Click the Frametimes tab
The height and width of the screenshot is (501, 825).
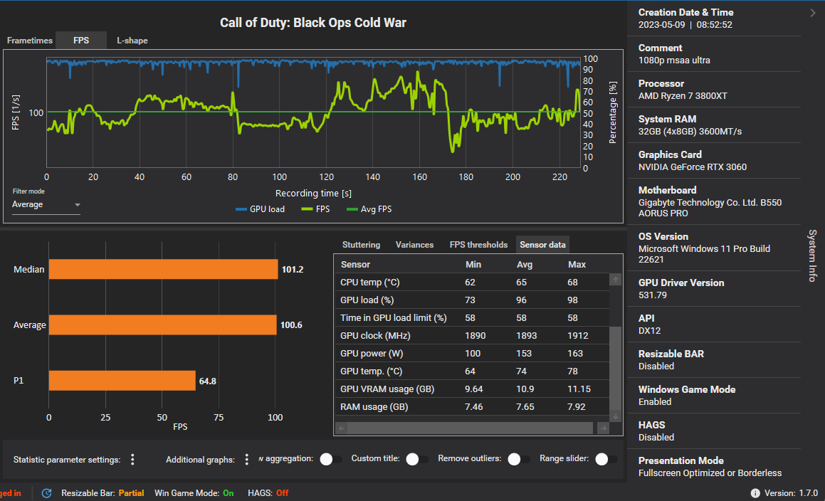[30, 41]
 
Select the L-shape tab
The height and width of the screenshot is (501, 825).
[132, 41]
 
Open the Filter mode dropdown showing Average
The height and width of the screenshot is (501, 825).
[46, 205]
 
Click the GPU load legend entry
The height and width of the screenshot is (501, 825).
[261, 209]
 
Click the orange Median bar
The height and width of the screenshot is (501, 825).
[163, 269]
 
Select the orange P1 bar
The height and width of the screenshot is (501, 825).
[122, 381]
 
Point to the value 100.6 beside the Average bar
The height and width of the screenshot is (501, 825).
[291, 325]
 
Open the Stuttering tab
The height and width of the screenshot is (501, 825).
[361, 245]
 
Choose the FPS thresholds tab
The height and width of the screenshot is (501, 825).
[478, 245]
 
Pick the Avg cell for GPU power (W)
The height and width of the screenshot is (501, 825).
[524, 354]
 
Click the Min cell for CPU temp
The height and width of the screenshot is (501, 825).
[470, 283]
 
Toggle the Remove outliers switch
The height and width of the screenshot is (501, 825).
[518, 459]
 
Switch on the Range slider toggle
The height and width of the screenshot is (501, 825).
[606, 459]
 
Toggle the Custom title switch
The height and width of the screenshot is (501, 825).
[416, 459]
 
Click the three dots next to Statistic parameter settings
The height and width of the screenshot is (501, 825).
[132, 460]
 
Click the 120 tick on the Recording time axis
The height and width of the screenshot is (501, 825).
[327, 176]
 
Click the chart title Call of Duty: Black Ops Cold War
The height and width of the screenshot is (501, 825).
[313, 23]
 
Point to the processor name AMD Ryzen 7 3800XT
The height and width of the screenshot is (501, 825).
[683, 96]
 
